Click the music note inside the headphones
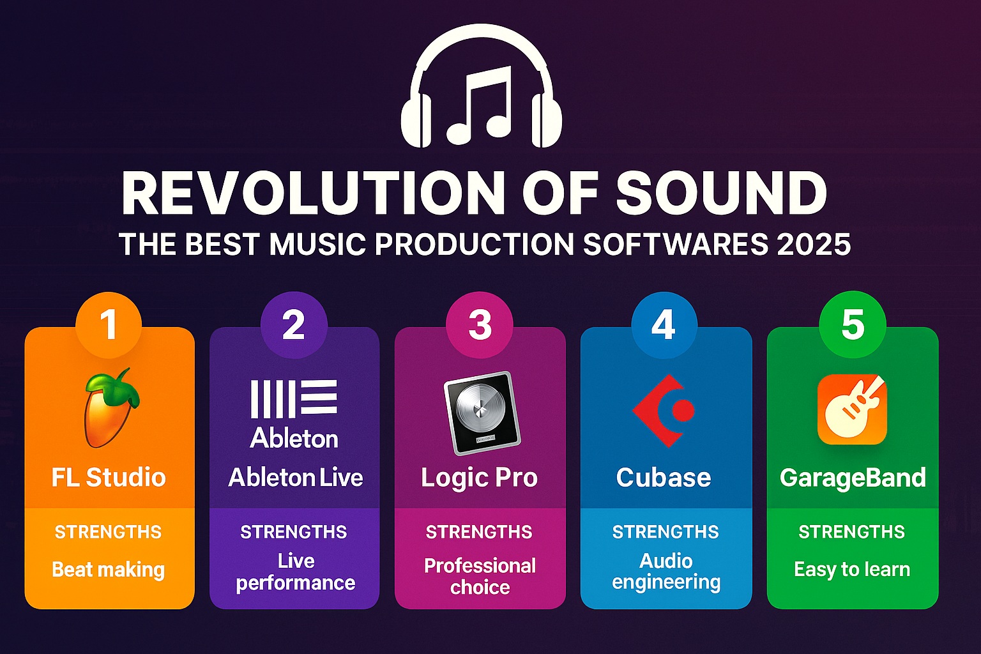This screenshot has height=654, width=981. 479,105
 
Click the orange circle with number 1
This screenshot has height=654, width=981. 109,325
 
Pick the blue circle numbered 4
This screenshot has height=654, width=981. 664,325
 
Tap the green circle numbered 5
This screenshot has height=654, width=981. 852,324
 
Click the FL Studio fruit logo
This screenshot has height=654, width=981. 110,407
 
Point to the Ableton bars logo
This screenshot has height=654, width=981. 294,398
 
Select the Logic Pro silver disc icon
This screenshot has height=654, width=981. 482,413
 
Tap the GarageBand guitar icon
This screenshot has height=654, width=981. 852,409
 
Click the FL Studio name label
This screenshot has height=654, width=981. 109,477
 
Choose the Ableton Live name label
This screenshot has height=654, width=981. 296,477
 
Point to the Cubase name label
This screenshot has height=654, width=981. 664,477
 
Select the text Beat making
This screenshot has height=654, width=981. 108,570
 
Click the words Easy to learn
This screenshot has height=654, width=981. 852,570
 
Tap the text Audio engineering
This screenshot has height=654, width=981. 666,572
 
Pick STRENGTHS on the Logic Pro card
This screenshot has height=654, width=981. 479,532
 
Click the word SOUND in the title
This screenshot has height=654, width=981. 721,193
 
